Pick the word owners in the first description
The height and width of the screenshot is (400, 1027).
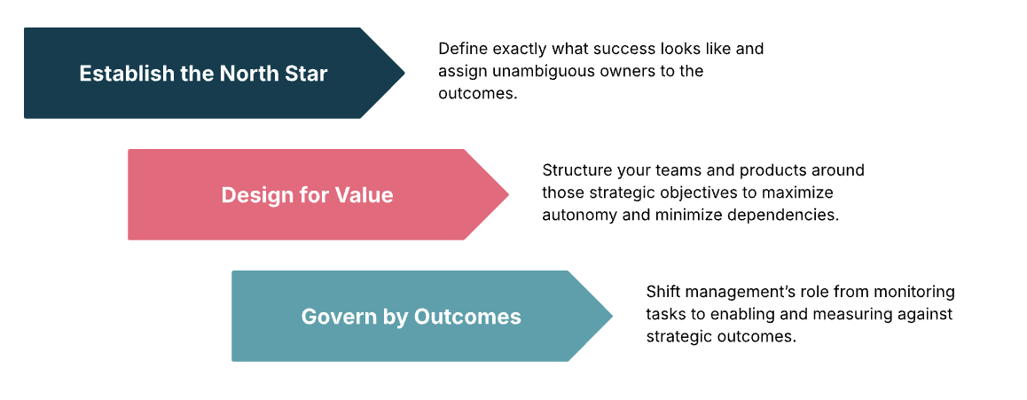click(624, 71)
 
